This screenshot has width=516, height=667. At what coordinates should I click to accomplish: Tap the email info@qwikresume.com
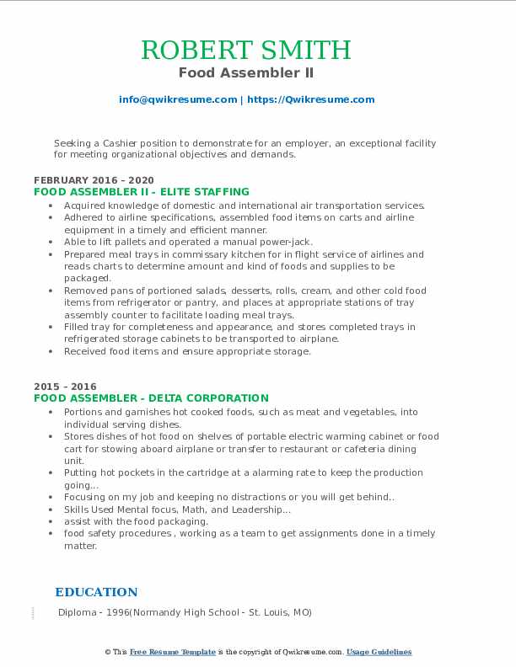pyautogui.click(x=178, y=99)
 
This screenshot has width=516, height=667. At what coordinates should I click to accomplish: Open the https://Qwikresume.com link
pyautogui.click(x=310, y=99)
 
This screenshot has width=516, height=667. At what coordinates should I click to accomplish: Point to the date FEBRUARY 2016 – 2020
pyautogui.click(x=94, y=180)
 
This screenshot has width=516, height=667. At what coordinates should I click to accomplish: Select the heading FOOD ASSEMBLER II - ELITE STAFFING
pyautogui.click(x=142, y=191)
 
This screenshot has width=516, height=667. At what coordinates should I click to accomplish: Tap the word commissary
pyautogui.click(x=189, y=253)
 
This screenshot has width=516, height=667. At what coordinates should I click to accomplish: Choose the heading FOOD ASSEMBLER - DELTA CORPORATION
pyautogui.click(x=151, y=398)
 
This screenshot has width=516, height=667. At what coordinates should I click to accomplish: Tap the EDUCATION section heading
pyautogui.click(x=96, y=592)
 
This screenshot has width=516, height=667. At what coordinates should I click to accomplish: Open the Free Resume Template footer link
pyautogui.click(x=173, y=652)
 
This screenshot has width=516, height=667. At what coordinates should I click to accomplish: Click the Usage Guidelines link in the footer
pyautogui.click(x=379, y=652)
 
